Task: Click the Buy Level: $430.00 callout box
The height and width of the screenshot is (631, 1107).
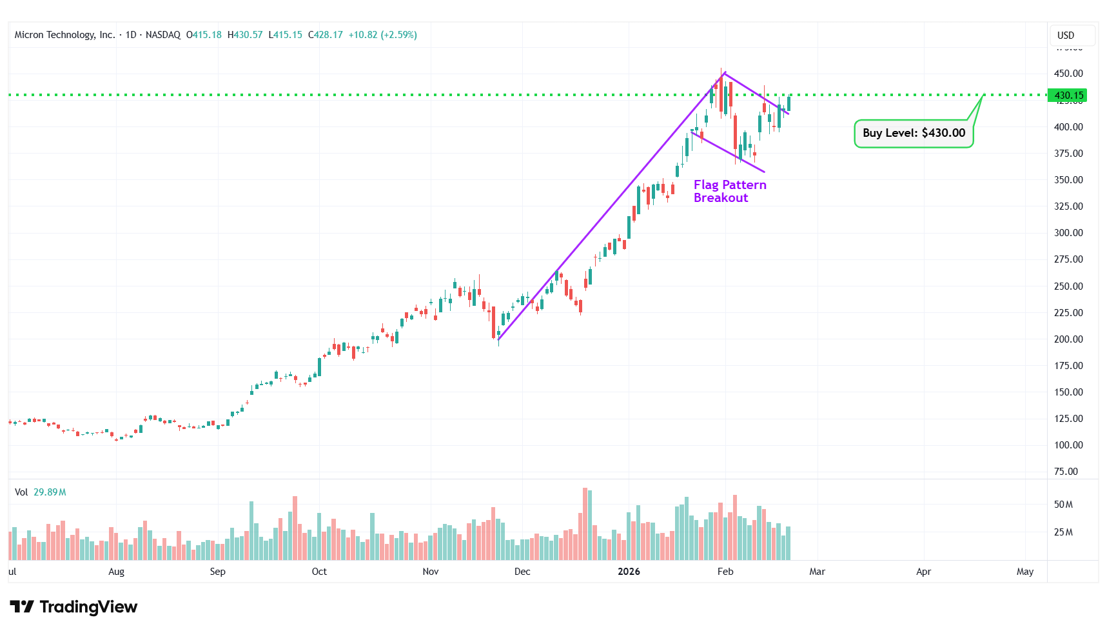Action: pos(914,134)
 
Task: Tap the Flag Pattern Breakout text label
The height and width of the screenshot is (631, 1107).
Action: pos(730,191)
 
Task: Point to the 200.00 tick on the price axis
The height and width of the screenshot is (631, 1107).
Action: pos(1068,339)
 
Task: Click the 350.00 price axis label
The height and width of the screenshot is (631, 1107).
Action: pos(1068,180)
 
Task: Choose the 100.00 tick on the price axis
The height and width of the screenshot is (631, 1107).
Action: pos(1068,445)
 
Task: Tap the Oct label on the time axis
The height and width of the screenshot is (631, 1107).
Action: pos(319,572)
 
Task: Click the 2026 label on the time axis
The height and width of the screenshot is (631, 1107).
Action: pos(629,572)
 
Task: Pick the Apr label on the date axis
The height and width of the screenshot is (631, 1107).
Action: pos(923,572)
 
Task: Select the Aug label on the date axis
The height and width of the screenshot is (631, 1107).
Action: pos(116,572)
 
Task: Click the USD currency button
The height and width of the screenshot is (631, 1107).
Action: pos(1066,35)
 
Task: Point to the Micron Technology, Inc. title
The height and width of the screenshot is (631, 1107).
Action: pos(64,35)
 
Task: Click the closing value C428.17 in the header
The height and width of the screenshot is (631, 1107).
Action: pos(325,35)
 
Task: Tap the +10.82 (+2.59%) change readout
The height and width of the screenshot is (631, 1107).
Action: pos(382,35)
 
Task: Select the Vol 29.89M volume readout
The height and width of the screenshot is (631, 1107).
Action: pos(41,492)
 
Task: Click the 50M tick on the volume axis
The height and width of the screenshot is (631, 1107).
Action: pos(1063,505)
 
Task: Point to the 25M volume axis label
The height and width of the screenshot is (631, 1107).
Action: pos(1063,532)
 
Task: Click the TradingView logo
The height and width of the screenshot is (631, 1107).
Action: pos(73,607)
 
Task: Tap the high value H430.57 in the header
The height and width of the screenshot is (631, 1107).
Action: pos(245,35)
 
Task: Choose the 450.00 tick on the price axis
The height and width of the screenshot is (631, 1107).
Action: pos(1068,74)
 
